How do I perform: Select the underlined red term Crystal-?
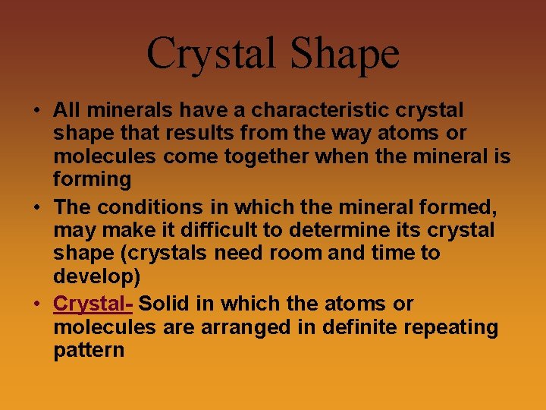tap(93, 304)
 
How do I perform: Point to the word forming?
tap(92, 180)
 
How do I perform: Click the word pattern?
tap(89, 351)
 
